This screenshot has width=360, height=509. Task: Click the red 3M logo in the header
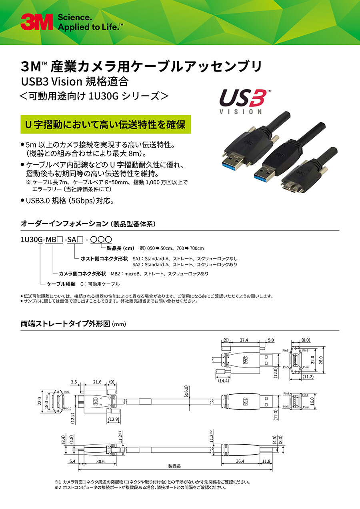click(36, 22)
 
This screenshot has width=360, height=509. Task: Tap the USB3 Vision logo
click(242, 101)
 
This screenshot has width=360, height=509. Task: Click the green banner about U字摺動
click(106, 124)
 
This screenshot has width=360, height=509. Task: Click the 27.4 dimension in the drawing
click(244, 340)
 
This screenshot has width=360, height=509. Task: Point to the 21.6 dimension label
click(97, 382)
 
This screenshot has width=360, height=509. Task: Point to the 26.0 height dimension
click(321, 360)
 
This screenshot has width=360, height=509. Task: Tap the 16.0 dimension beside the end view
click(312, 401)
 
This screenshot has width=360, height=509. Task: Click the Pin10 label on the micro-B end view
click(68, 408)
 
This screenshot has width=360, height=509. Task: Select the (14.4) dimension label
click(223, 381)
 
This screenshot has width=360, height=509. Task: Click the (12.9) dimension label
click(114, 419)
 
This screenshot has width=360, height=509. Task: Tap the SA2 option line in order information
click(185, 265)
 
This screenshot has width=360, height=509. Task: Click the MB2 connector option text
click(160, 273)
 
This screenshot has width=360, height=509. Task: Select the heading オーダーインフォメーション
click(64, 224)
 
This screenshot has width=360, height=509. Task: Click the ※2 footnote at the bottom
click(140, 487)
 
